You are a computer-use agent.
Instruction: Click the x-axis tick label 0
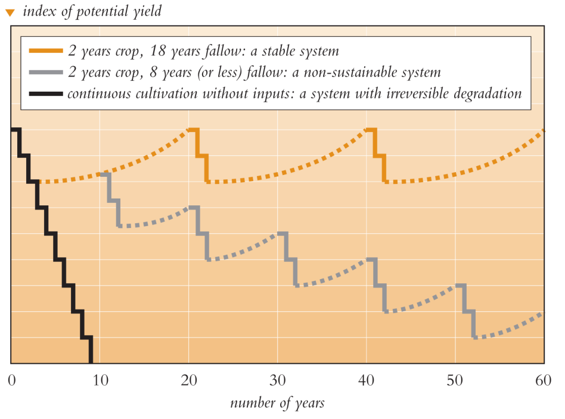tap(11, 380)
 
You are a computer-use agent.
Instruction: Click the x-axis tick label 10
tap(100, 380)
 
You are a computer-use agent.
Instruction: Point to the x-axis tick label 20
tap(189, 380)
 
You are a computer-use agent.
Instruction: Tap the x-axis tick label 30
tap(278, 380)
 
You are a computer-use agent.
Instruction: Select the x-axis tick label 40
tap(367, 380)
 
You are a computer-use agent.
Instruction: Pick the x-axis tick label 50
tap(455, 380)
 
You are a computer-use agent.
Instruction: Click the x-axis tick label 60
tap(544, 380)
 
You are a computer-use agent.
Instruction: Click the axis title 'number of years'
tap(277, 403)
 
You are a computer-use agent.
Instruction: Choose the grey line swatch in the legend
tap(45, 73)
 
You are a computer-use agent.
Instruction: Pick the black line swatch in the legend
tap(45, 95)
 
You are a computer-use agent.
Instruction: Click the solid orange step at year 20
tap(202, 155)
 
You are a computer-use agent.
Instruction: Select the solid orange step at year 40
tap(380, 155)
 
